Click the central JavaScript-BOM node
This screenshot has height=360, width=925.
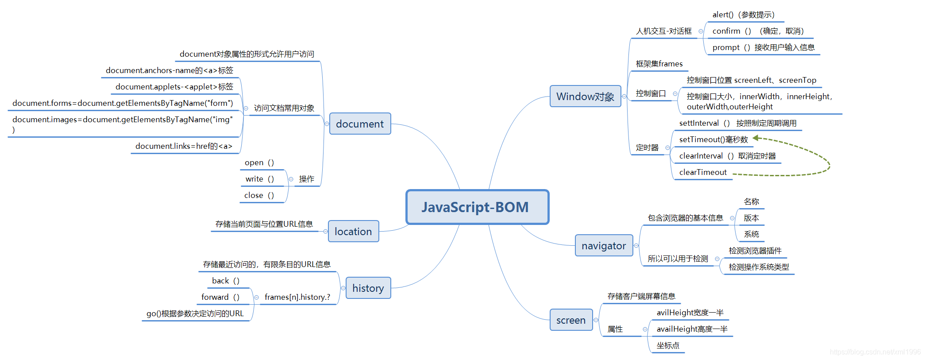pos(477,207)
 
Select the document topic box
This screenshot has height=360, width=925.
pos(360,124)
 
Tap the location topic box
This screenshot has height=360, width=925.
pos(353,232)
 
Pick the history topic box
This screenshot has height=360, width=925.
pos(368,288)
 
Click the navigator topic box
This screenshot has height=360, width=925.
pos(604,246)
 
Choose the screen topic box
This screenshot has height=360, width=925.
pos(571,320)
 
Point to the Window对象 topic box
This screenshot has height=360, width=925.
pos(585,97)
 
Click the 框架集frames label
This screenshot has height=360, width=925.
pos(659,64)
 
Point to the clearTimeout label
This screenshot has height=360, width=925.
pos(703,172)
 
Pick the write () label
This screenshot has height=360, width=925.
pos(260,179)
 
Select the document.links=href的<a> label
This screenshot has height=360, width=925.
pos(184,146)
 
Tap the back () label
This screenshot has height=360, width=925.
pos(226,281)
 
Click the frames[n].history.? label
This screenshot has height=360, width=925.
pos(297,297)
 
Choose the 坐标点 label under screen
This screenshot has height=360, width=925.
pos(668,345)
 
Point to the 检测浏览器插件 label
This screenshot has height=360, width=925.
pos(755,251)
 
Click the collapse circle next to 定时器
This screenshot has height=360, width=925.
pos(667,148)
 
